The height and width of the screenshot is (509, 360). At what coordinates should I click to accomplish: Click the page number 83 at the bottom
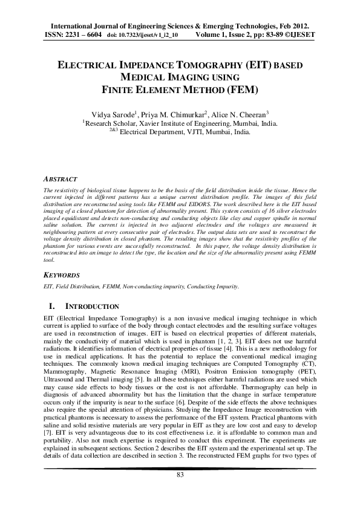tap(180, 493)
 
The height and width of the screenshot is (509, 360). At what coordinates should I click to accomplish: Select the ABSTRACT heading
tap(61, 180)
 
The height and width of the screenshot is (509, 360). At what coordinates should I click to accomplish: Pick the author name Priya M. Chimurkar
tap(184, 114)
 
